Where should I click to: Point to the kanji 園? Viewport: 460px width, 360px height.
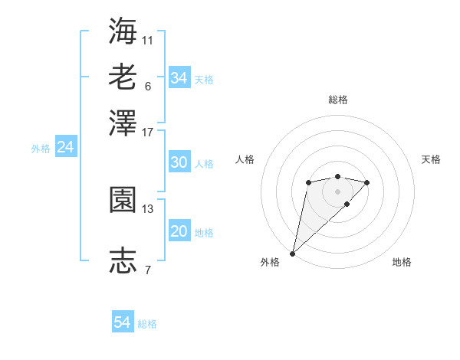[x=123, y=201]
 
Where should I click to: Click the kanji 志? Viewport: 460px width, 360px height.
[x=123, y=260]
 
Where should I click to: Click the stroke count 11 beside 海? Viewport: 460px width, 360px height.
[x=148, y=40]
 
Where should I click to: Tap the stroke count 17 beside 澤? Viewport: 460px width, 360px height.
[x=148, y=132]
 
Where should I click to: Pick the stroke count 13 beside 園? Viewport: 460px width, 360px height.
[x=148, y=208]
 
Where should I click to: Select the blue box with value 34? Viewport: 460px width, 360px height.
[x=179, y=77]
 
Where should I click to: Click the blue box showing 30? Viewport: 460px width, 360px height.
[x=179, y=162]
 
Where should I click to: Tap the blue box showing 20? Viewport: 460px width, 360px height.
[x=179, y=232]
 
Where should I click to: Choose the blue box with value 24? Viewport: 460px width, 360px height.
[x=65, y=147]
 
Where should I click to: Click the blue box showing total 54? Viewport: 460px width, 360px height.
[x=123, y=322]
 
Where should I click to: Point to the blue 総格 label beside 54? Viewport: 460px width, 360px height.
[x=147, y=324]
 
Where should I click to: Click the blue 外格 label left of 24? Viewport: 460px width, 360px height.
[x=40, y=149]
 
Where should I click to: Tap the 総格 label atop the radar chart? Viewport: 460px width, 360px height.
[x=337, y=100]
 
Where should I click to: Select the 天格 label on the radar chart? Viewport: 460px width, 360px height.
[x=431, y=159]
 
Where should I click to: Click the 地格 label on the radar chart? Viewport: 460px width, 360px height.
[x=402, y=263]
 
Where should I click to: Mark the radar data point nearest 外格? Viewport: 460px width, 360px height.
[x=292, y=254]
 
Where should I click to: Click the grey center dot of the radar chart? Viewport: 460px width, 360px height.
[x=337, y=191]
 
